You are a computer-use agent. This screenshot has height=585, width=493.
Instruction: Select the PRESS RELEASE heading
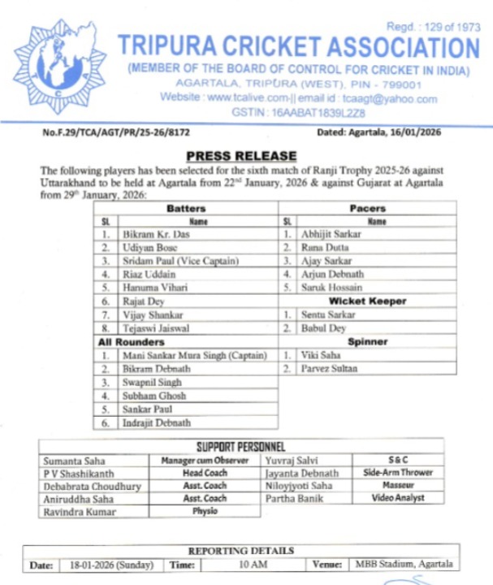pyautogui.click(x=242, y=156)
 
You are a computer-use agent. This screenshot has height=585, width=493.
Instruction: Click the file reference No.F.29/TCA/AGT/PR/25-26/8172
pyautogui.click(x=111, y=132)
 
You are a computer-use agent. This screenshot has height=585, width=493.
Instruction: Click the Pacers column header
pyautogui.click(x=366, y=208)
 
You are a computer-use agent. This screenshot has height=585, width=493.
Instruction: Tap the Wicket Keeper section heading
pyautogui.click(x=366, y=301)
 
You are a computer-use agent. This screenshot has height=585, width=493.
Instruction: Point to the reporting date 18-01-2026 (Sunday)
pyautogui.click(x=106, y=565)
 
